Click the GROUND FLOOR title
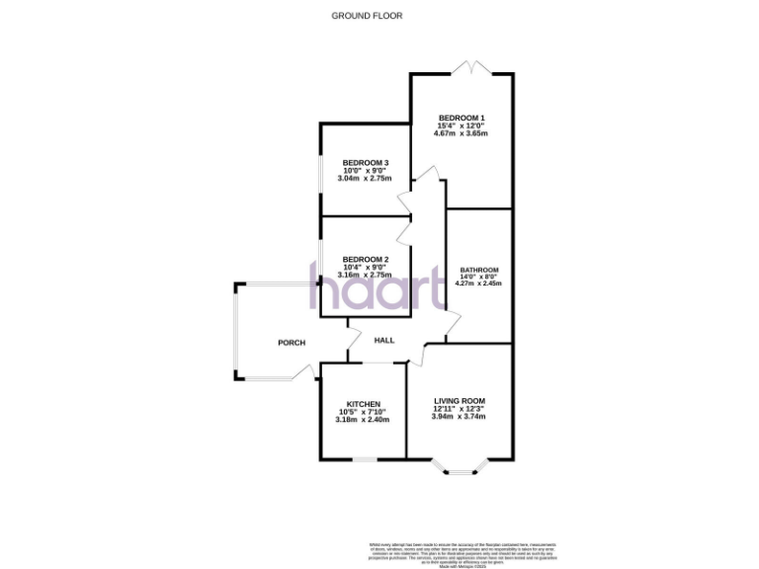coord(367,16)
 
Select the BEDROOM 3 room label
coord(366,162)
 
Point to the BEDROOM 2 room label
coord(365,259)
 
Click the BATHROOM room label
coord(478,270)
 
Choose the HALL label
coord(384,340)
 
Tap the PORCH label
coord(291,343)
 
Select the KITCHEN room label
coord(363,403)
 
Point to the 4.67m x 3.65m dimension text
coord(463,133)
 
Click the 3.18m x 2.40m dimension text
coord(363,420)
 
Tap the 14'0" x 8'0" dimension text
coord(478,277)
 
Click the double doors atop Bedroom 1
coord(470,68)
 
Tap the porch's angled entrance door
coord(302,372)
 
